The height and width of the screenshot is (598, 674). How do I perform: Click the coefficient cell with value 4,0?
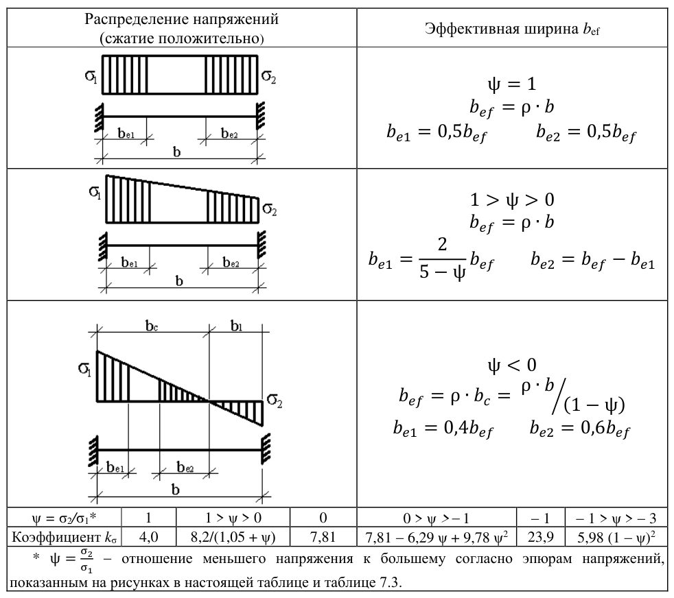(x=149, y=536)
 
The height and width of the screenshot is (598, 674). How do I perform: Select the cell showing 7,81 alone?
(x=323, y=536)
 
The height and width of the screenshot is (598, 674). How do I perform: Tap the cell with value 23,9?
(x=541, y=536)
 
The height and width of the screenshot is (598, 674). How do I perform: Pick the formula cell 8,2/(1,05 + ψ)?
(x=233, y=536)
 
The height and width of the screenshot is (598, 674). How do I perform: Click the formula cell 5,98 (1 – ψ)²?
(x=616, y=536)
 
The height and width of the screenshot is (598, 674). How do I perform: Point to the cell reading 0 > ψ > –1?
(x=437, y=518)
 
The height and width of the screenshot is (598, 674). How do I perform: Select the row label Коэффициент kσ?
(x=64, y=537)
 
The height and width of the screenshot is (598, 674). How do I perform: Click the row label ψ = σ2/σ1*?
(x=64, y=518)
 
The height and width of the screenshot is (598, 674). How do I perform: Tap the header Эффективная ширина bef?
(x=512, y=29)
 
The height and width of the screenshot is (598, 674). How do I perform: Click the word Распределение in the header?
(x=137, y=19)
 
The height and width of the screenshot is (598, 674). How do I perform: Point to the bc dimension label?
(x=152, y=326)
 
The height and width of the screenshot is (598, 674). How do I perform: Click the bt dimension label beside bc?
(x=236, y=326)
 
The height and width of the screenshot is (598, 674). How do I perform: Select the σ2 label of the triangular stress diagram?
(x=275, y=400)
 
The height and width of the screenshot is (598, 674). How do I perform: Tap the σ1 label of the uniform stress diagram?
(x=91, y=76)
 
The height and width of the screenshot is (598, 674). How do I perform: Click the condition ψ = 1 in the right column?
(x=512, y=84)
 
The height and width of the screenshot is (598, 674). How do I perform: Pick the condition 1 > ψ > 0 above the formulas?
(x=512, y=200)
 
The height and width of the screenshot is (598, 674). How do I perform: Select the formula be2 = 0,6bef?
(x=579, y=429)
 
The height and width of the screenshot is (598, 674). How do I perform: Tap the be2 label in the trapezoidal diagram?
(x=231, y=262)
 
